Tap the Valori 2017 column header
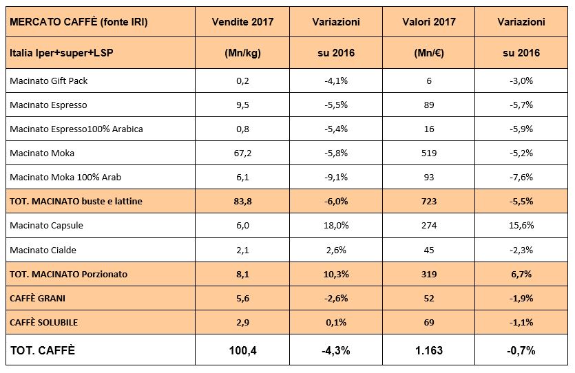pyautogui.click(x=428, y=22)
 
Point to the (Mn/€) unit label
pyautogui.click(x=428, y=53)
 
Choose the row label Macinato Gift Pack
pyautogui.click(x=49, y=81)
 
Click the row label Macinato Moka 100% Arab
pyautogui.click(x=65, y=177)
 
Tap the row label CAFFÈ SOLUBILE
pyautogui.click(x=44, y=322)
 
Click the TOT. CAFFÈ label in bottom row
pyautogui.click(x=42, y=351)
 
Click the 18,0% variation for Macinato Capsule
pyautogui.click(x=336, y=226)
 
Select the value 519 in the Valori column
pyautogui.click(x=428, y=153)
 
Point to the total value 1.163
pyautogui.click(x=428, y=351)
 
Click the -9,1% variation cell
pyautogui.click(x=336, y=177)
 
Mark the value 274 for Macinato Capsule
pyautogui.click(x=428, y=226)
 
